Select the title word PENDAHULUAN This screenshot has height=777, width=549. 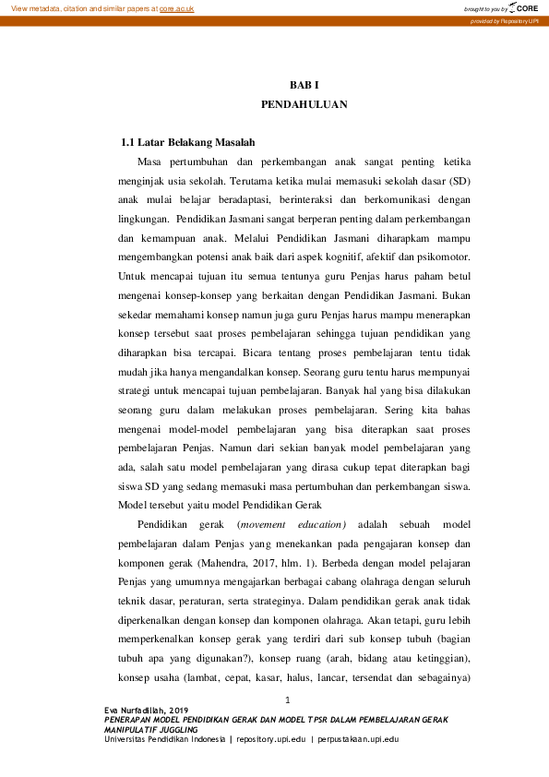304,104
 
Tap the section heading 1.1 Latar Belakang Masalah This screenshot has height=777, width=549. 188,143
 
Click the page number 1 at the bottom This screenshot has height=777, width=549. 288,699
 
